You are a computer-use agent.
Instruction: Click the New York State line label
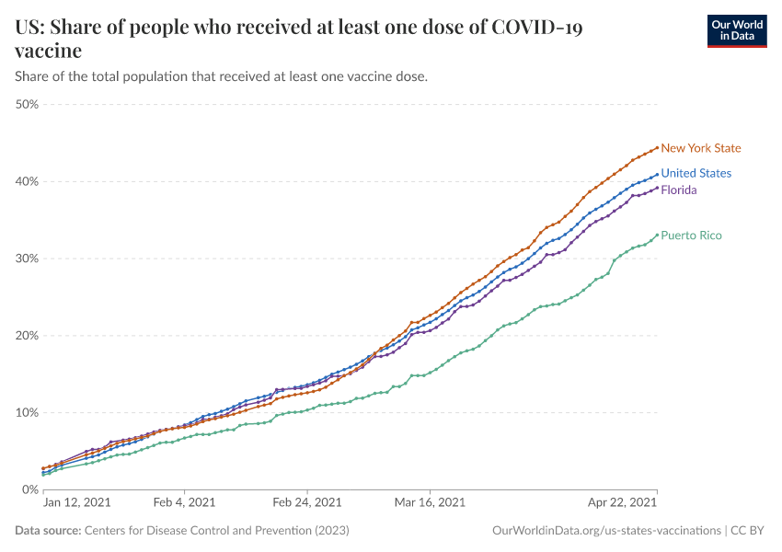point(700,148)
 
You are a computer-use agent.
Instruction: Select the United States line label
point(696,173)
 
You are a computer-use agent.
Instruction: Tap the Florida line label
point(678,190)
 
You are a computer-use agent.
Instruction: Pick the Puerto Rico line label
point(691,236)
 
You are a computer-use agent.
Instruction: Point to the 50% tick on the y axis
point(27,104)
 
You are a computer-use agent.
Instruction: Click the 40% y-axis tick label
point(27,181)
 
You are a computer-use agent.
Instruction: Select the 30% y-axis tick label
point(27,259)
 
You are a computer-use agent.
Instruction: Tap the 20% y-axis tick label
point(27,336)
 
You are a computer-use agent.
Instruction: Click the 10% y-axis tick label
point(27,412)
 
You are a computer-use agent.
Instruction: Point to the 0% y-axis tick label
point(29,489)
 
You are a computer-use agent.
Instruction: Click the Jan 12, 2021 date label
point(77,503)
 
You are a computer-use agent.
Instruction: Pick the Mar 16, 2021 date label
point(430,503)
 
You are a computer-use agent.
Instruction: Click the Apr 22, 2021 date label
point(624,503)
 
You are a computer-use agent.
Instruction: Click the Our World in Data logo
point(736,30)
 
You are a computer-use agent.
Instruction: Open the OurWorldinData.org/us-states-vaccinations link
point(605,531)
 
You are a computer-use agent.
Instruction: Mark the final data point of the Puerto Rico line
point(657,234)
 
